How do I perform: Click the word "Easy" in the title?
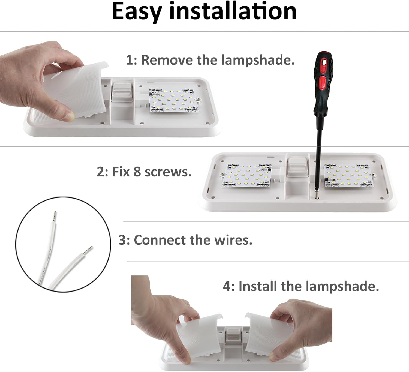pos(137,11)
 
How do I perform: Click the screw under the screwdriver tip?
pos(316,195)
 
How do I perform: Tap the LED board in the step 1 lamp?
pos(174,100)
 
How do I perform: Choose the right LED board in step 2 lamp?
pos(347,175)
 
